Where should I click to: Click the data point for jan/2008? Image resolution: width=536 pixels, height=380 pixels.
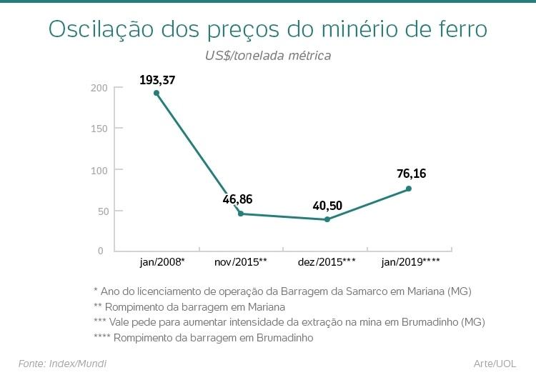pyautogui.click(x=157, y=93)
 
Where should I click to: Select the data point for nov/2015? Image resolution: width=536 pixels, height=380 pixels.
pyautogui.click(x=240, y=214)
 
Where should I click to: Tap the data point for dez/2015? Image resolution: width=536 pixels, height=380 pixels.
pyautogui.click(x=327, y=219)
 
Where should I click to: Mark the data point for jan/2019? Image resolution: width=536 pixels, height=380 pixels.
pyautogui.click(x=409, y=189)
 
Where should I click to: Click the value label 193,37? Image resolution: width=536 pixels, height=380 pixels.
pyautogui.click(x=157, y=79)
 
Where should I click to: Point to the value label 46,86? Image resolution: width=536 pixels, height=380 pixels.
pyautogui.click(x=237, y=199)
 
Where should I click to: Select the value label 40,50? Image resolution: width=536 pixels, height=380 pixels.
pyautogui.click(x=327, y=206)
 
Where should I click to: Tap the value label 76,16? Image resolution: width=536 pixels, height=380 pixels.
pyautogui.click(x=411, y=174)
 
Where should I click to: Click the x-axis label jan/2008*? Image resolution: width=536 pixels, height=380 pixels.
pyautogui.click(x=162, y=262)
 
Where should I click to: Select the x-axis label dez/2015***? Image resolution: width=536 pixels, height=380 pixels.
pyautogui.click(x=327, y=262)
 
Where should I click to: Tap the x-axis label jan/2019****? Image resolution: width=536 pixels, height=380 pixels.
pyautogui.click(x=411, y=262)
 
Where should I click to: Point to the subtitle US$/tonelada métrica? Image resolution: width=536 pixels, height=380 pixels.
pyautogui.click(x=268, y=54)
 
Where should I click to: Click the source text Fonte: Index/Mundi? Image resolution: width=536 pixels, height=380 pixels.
pyautogui.click(x=62, y=364)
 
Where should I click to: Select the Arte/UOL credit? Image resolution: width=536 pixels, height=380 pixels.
pyautogui.click(x=495, y=364)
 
